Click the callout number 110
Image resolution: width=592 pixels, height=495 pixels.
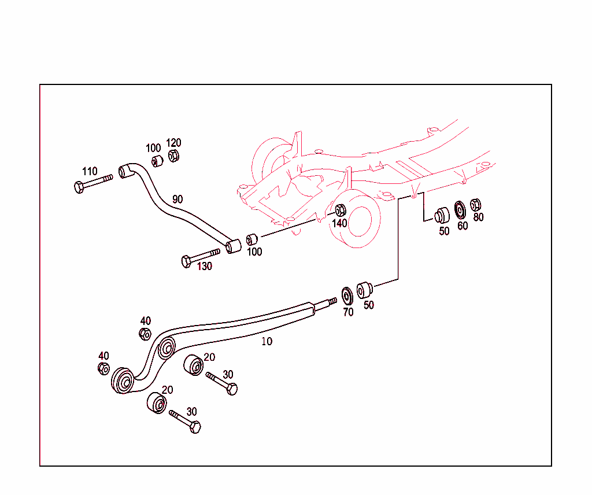(90, 171)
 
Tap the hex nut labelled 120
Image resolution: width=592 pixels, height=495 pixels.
(173, 156)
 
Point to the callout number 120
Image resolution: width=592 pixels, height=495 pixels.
(173, 143)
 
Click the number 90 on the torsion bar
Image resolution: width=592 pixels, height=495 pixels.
(177, 199)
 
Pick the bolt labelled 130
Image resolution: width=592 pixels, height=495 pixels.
(200, 257)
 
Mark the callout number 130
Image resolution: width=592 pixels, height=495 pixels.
(205, 267)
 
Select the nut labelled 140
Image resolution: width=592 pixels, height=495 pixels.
(341, 210)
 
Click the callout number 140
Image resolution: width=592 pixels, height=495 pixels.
(339, 223)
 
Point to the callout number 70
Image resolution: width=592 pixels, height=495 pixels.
(348, 312)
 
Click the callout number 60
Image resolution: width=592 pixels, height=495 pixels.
(462, 226)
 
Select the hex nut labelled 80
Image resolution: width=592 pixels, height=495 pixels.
(476, 205)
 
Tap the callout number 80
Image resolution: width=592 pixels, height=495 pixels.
(478, 217)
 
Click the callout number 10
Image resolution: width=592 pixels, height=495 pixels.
(267, 341)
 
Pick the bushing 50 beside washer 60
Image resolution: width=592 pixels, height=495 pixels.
(443, 215)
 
